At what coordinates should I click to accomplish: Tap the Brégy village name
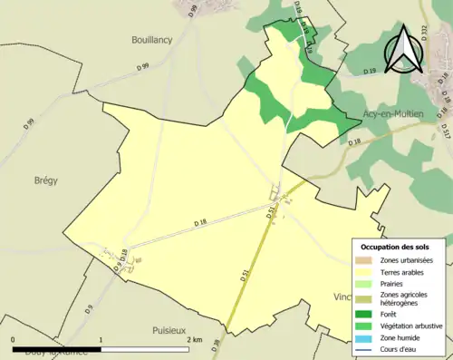click(45, 180)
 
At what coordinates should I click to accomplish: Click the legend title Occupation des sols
click(401, 247)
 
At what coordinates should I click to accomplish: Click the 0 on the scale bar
click(14, 339)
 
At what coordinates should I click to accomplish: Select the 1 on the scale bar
click(101, 339)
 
